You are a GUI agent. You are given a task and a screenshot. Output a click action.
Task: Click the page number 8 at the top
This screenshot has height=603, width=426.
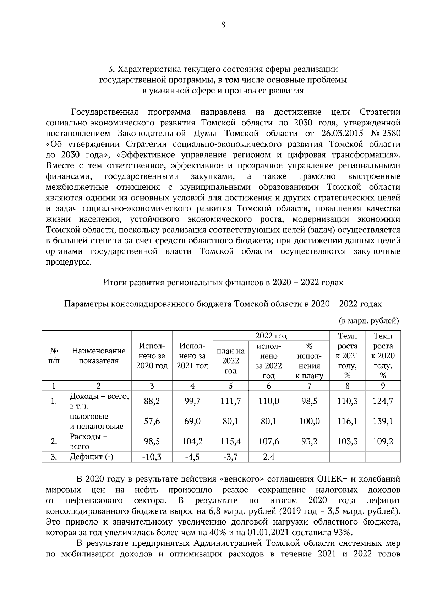point(223,25)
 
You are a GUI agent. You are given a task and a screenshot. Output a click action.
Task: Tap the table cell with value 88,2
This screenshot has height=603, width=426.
point(152,401)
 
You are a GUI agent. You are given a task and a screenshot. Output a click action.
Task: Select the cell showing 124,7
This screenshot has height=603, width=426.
point(383,401)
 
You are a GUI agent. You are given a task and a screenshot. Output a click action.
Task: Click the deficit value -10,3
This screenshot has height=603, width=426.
point(152,457)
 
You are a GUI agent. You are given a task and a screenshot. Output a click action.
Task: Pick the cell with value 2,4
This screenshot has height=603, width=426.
point(268,457)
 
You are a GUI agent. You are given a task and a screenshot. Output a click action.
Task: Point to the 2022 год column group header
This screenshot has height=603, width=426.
point(271,336)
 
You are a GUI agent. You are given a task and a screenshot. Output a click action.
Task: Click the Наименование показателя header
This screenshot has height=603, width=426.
point(99,355)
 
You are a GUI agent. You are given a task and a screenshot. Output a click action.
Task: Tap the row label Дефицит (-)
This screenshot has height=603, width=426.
point(91,457)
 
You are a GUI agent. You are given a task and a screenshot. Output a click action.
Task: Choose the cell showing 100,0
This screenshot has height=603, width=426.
point(309,421)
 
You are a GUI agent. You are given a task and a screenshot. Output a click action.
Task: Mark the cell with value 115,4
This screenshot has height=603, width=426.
point(230,441)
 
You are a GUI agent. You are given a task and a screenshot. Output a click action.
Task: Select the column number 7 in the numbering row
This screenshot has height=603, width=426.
point(309,386)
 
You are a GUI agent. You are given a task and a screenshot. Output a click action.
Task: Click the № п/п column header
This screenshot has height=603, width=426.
point(54,355)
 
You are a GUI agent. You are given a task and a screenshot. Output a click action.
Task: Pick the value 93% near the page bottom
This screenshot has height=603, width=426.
point(343,532)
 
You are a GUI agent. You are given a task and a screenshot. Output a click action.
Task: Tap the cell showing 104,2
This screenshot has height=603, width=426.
point(192,441)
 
